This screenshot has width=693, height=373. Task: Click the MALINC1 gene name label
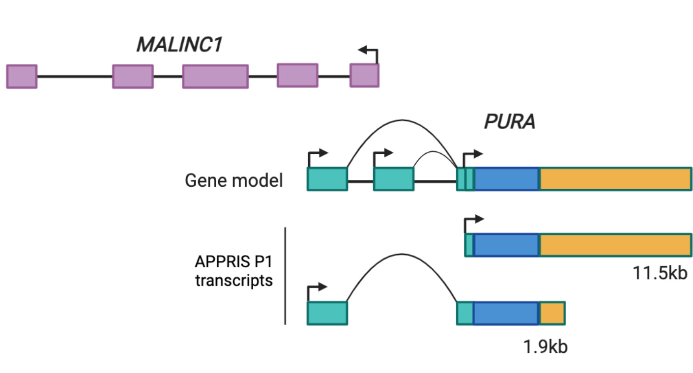tap(179, 45)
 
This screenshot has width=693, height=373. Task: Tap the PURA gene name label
tap(510, 121)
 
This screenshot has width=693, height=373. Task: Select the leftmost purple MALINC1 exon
tap(22, 76)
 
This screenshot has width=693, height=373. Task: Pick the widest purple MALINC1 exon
tap(215, 76)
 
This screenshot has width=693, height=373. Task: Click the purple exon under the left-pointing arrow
tap(365, 76)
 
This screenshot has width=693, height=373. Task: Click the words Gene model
tap(233, 180)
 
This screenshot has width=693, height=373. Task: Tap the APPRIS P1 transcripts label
tap(233, 271)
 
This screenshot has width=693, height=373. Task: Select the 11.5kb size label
tap(660, 273)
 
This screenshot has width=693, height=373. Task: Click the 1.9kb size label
tap(545, 346)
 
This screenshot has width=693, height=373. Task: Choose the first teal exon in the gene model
tap(327, 179)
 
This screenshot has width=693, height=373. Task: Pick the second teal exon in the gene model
tap(394, 179)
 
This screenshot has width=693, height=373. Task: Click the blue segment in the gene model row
tap(506, 179)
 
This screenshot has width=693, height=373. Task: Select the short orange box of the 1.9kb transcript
tap(552, 314)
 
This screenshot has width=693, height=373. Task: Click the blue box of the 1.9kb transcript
tap(506, 314)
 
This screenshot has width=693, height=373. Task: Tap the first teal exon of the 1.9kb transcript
tap(327, 314)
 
